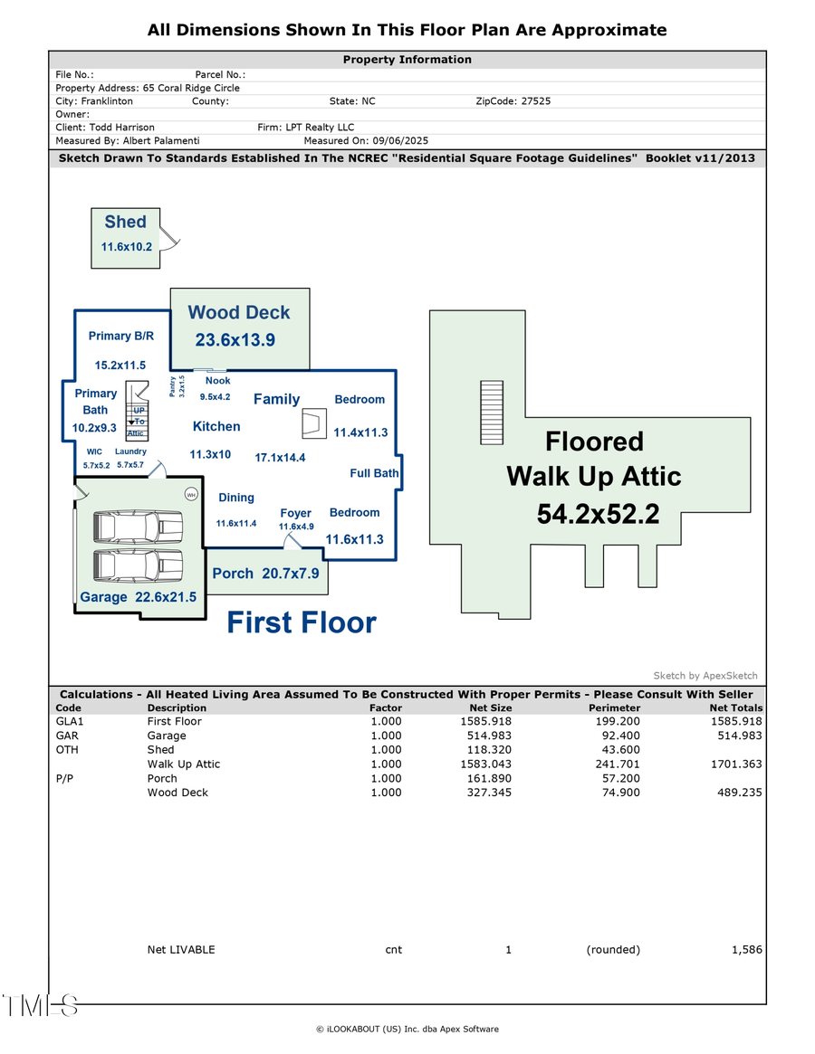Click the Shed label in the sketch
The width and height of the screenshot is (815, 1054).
click(125, 223)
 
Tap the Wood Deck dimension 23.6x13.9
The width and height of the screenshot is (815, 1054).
click(235, 341)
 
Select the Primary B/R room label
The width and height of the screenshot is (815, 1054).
click(121, 336)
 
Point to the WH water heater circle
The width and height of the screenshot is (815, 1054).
click(191, 494)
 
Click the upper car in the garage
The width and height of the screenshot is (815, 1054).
click(139, 527)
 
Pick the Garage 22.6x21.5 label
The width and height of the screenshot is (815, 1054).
click(138, 597)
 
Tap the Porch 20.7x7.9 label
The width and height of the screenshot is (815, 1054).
click(265, 574)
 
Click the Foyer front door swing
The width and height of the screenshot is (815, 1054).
click(291, 542)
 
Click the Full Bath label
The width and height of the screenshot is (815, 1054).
click(374, 473)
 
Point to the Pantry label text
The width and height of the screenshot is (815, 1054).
click(172, 386)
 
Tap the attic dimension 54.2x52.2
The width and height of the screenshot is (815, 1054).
click(598, 514)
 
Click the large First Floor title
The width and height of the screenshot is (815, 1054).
click(301, 622)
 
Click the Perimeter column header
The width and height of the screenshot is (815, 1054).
click(614, 707)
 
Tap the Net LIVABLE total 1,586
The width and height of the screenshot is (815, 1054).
click(746, 950)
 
